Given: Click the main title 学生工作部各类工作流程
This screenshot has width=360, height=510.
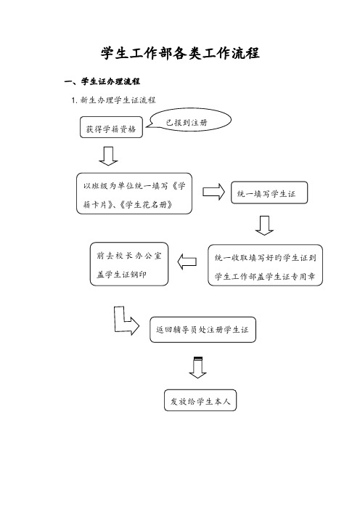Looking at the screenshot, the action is point(180,53).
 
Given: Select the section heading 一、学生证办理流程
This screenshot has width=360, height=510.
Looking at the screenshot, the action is point(102,81).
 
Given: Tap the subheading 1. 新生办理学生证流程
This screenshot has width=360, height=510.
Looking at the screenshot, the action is point(113,100).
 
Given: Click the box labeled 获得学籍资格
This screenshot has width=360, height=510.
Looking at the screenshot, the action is point(111,127).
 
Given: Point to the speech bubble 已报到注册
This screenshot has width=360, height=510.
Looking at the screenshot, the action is point(189,121).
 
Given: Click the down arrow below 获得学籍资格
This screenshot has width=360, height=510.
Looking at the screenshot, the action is point(108,155).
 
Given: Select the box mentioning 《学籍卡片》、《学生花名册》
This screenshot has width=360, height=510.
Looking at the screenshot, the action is point(134,193).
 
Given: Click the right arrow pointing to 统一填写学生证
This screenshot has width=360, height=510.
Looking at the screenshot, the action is point(214,192).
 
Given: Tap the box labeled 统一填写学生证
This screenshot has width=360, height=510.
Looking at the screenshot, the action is point(269,193).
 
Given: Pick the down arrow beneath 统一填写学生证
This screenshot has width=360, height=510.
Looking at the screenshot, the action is point(264,225).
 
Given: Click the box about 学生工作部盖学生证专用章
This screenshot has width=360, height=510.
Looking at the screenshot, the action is point(265,265).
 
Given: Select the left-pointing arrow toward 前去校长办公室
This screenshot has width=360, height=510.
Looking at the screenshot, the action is point(187,262).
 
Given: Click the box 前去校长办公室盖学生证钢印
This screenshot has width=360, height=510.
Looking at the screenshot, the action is point(129,264).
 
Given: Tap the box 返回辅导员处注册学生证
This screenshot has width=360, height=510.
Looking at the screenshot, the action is point(202,330).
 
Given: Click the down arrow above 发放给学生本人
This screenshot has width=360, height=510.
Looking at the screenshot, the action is point(197,368).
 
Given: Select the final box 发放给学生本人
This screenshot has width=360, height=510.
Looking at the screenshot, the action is point(200,400).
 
